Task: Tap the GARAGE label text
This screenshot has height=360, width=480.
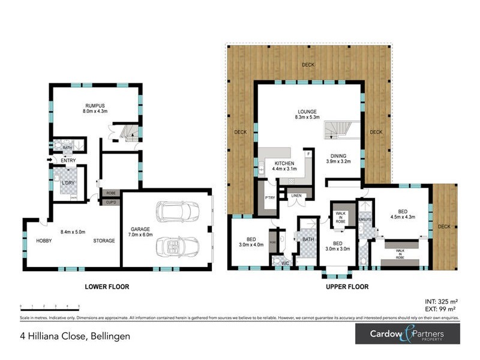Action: [141, 229]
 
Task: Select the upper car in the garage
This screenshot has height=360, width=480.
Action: [178, 211]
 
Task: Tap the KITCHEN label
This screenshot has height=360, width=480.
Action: [284, 164]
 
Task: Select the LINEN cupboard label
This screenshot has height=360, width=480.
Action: [296, 195]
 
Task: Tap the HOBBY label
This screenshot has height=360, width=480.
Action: [44, 241]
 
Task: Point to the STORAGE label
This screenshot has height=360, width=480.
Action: [104, 241]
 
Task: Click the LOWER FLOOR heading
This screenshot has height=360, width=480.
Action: [107, 287]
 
